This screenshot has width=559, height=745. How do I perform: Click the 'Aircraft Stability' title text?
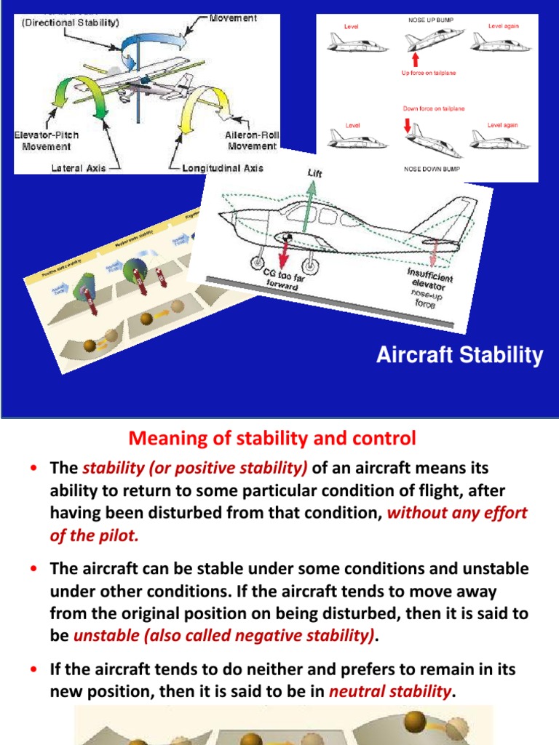tap(459, 356)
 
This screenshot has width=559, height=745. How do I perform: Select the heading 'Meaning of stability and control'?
tap(272, 438)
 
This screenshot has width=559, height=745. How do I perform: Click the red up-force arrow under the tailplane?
tap(416, 58)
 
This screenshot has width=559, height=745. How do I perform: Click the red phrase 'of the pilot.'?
tap(94, 535)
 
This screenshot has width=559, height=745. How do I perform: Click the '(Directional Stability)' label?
tap(70, 23)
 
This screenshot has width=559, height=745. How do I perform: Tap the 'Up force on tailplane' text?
tap(429, 73)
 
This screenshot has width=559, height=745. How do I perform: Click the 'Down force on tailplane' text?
tap(434, 108)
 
